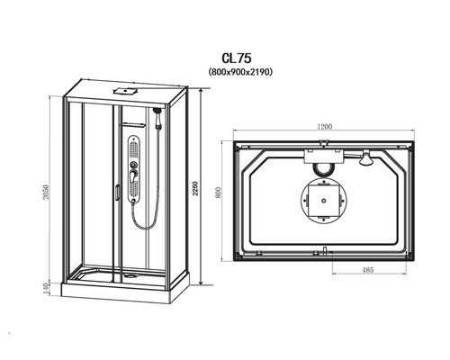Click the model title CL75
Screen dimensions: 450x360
pos(237,58)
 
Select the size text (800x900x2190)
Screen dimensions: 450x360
pos(240,72)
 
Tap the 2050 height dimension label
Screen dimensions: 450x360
pos(45,192)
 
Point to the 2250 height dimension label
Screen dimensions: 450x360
pos(195,188)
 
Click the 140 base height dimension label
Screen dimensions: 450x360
pos(46,288)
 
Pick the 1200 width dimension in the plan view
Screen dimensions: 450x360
pos(325,127)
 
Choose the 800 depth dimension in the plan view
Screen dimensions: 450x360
pos(218,193)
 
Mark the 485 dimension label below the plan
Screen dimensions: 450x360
pos(368,270)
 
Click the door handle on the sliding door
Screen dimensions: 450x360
pos(117,192)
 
